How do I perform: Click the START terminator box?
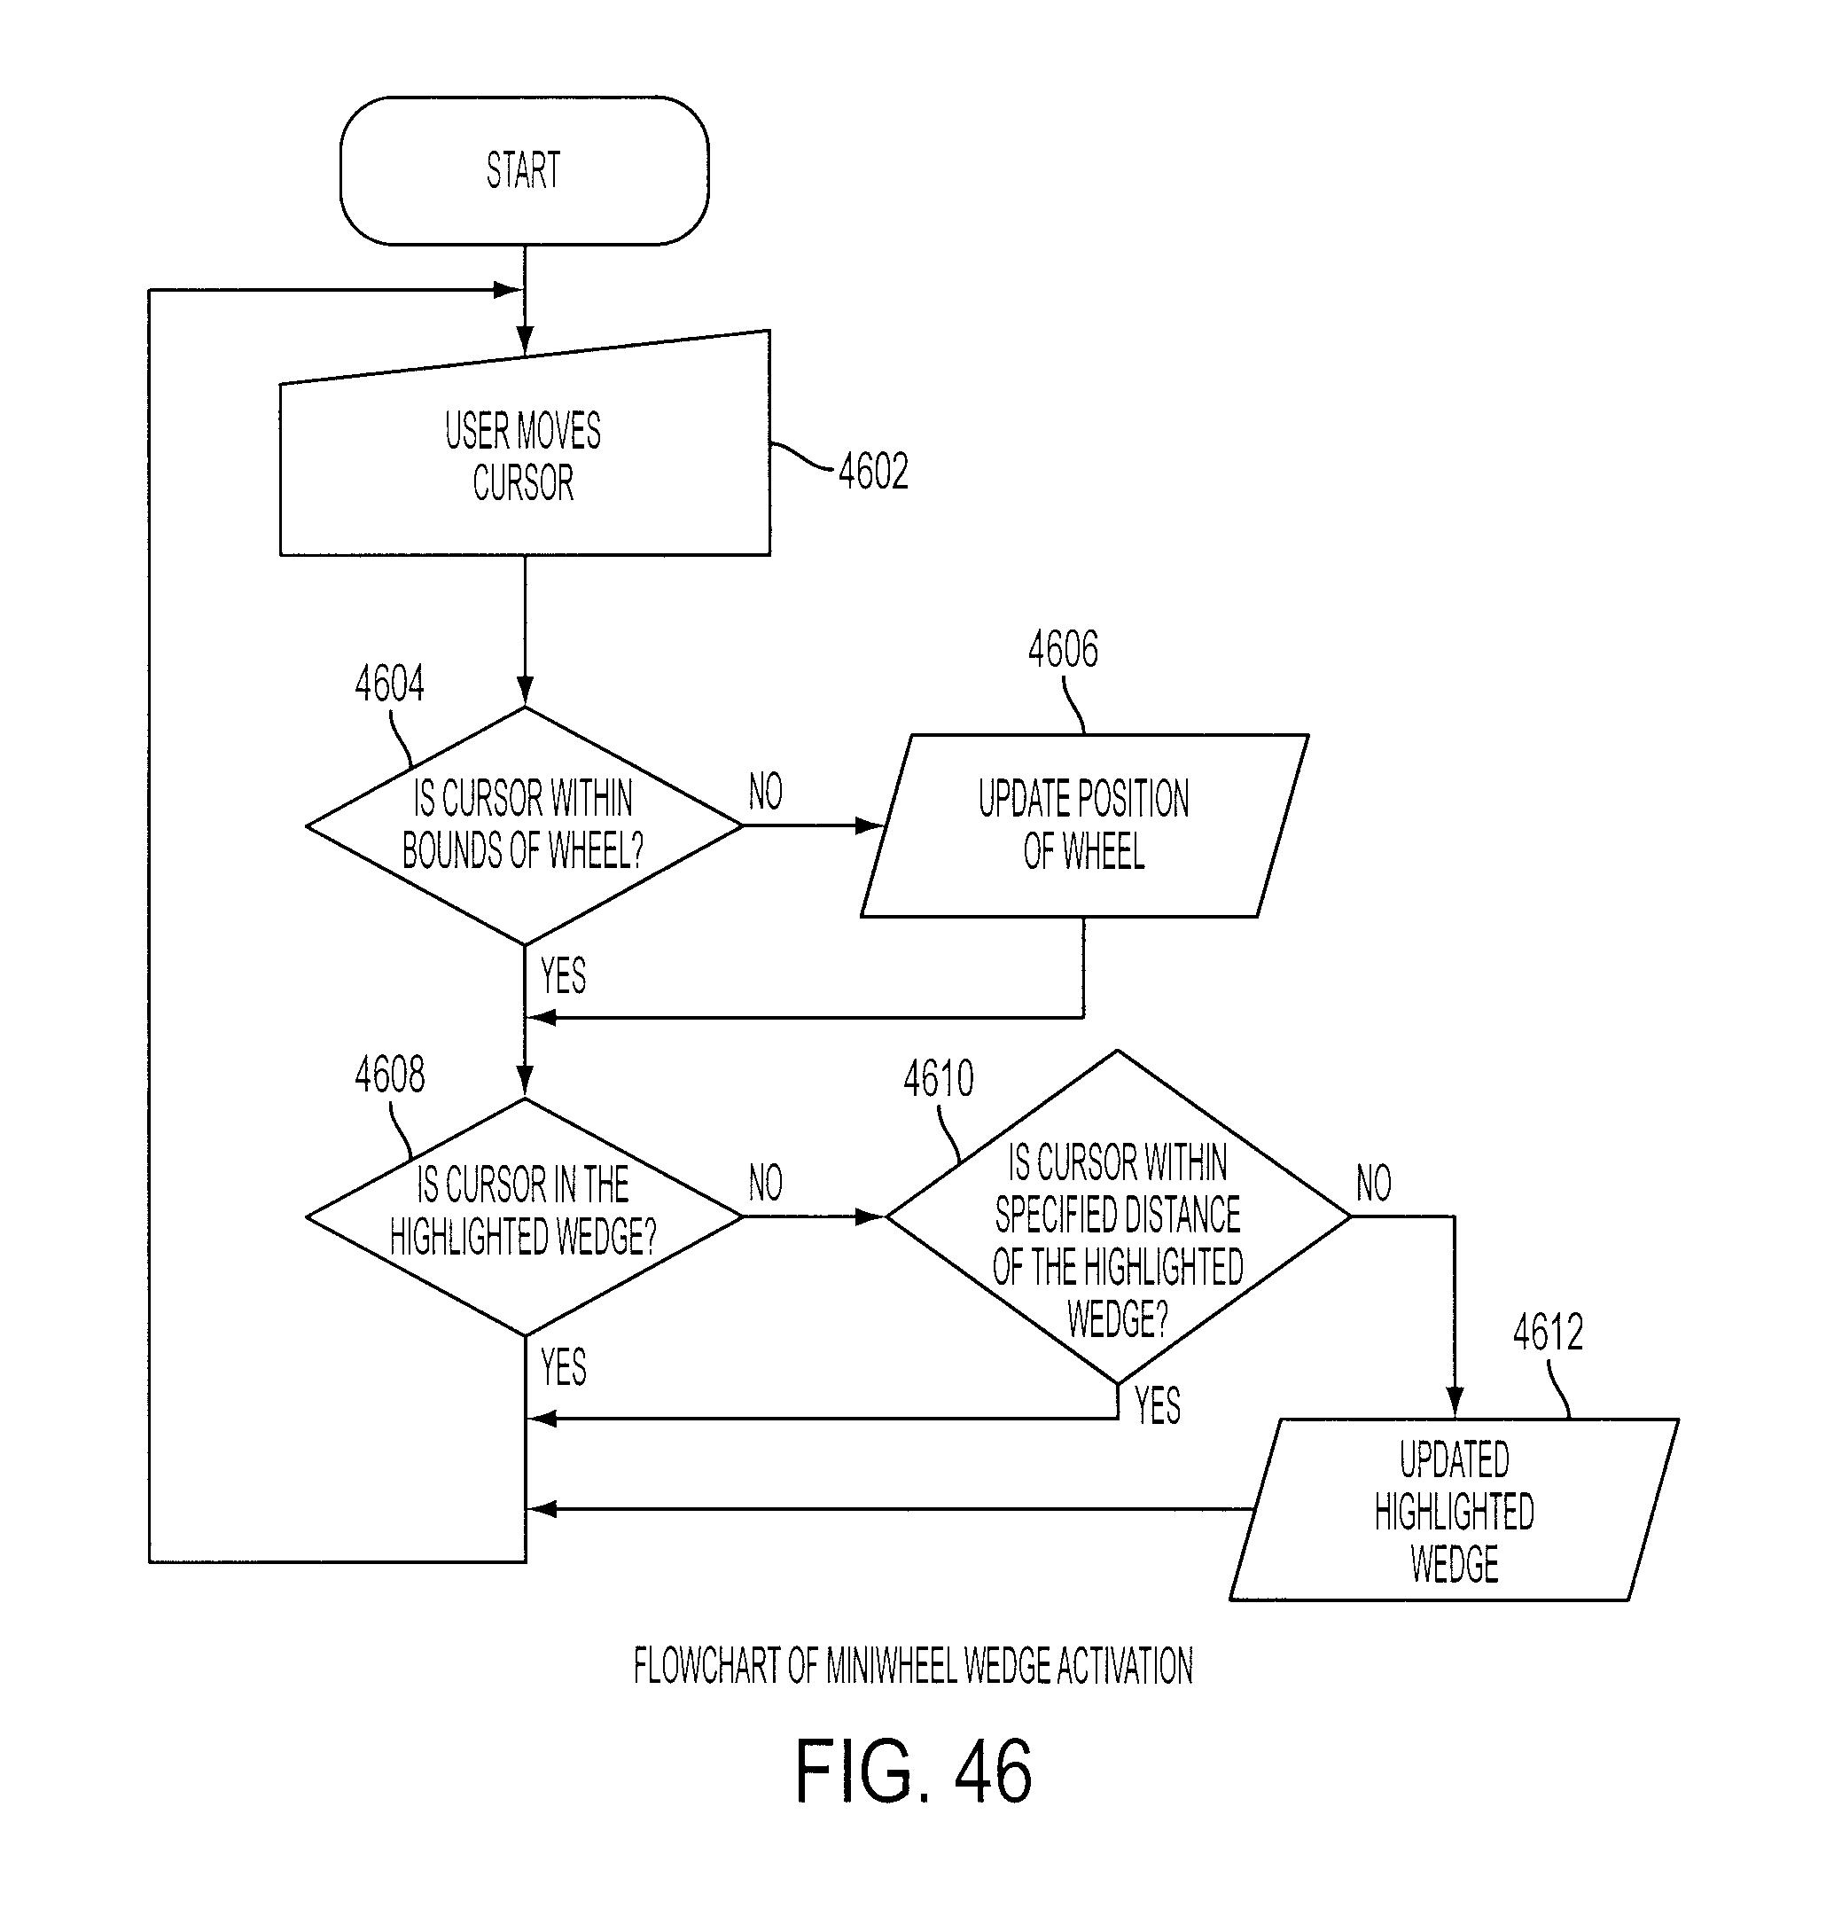point(524,170)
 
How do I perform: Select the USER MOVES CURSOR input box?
point(525,450)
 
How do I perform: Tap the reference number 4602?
point(873,471)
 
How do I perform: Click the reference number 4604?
point(389,684)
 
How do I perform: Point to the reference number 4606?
point(1063,649)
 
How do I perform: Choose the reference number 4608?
point(389,1075)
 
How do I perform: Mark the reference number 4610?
point(939,1079)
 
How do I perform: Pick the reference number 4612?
point(1548,1333)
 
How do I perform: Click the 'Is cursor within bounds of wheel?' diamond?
point(525,826)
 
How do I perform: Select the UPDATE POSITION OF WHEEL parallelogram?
point(1084,826)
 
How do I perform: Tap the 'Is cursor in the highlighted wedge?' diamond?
point(525,1217)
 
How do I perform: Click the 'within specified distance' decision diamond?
point(1118,1217)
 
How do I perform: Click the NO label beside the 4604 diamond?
point(766,791)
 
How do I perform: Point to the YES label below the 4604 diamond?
point(563,975)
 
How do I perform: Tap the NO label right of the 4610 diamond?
point(1374,1183)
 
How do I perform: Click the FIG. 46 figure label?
point(913,1771)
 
